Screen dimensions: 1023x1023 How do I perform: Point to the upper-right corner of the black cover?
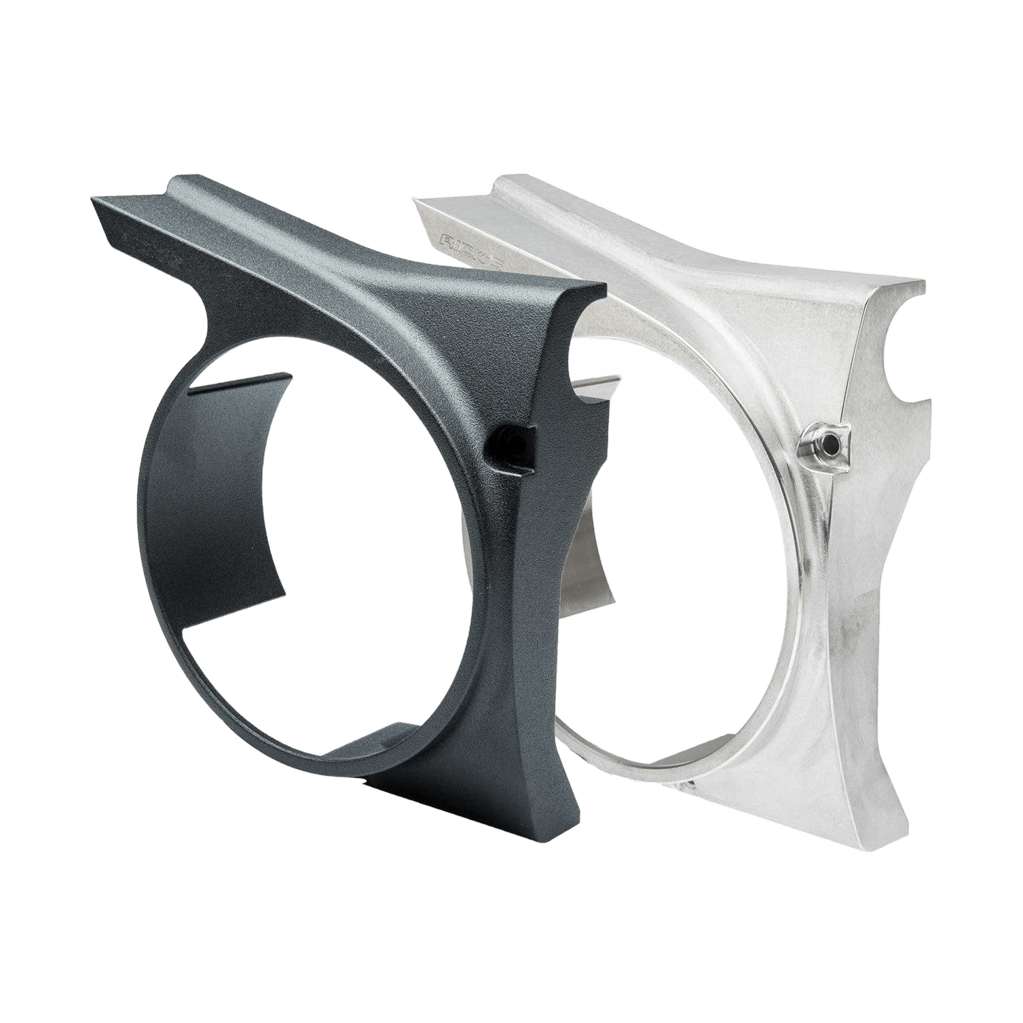(x=605, y=288)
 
